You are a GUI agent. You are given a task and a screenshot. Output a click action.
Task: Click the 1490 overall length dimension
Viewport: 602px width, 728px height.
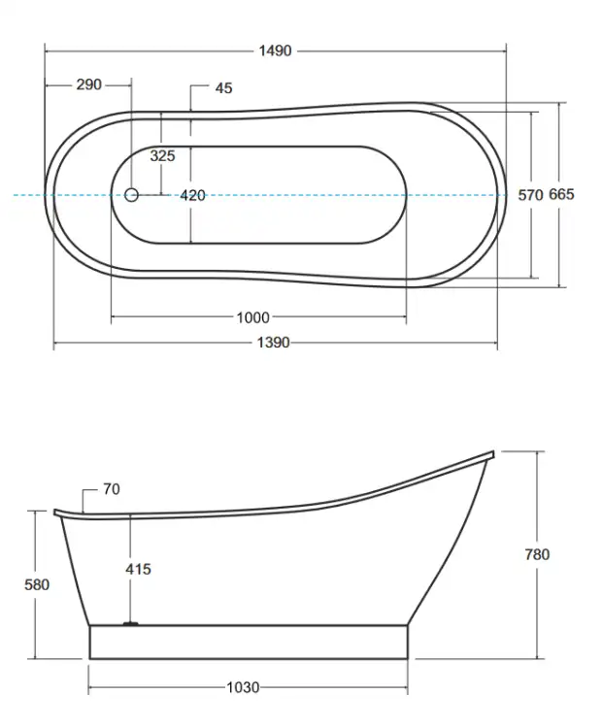tap(275, 50)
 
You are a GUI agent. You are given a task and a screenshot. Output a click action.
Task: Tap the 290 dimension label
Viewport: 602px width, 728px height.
tap(88, 84)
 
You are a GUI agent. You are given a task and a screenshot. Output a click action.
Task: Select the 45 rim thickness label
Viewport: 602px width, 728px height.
tap(223, 87)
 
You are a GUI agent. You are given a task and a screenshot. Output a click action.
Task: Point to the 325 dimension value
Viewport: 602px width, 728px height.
tap(162, 155)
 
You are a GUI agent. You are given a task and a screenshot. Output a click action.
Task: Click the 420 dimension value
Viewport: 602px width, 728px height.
tap(193, 195)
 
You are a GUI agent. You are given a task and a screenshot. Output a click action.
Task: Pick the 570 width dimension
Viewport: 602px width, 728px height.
tap(530, 195)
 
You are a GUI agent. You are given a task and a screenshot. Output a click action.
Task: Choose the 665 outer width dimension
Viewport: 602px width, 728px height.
tap(561, 194)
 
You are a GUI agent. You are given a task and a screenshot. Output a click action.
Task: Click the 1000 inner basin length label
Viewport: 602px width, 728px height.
tap(253, 317)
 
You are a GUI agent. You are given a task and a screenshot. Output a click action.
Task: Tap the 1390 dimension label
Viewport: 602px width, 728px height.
tap(273, 343)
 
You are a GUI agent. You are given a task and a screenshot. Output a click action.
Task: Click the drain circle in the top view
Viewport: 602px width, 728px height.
tap(131, 195)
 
